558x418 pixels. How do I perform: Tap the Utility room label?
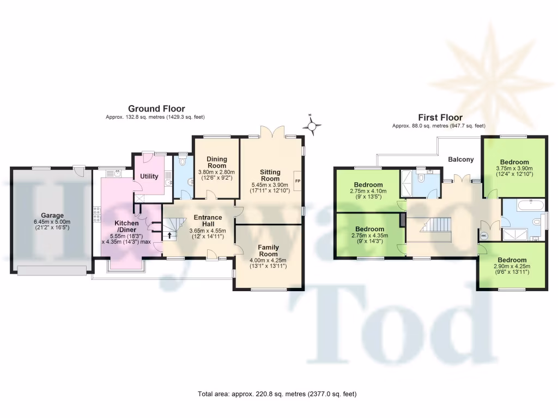coord(149,176)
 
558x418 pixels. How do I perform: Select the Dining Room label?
coord(216,162)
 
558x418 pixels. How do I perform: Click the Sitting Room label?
coord(270,175)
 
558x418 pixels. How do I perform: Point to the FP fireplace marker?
coord(297,181)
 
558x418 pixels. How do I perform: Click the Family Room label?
coord(268,250)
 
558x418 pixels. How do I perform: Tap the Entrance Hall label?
coord(208,220)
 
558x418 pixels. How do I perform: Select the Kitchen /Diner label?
coord(126,226)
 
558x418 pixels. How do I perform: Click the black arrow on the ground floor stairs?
coord(168,236)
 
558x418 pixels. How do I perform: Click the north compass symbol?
coord(312,127)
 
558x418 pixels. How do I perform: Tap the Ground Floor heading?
coord(156,109)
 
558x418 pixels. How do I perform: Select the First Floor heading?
coord(440,117)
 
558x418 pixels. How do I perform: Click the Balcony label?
coord(460,159)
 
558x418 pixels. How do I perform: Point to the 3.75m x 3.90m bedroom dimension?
coord(514,169)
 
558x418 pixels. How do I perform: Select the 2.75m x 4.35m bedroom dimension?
coord(369,236)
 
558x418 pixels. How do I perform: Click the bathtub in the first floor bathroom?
coord(526,206)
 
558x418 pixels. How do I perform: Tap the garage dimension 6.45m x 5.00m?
coord(53,222)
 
